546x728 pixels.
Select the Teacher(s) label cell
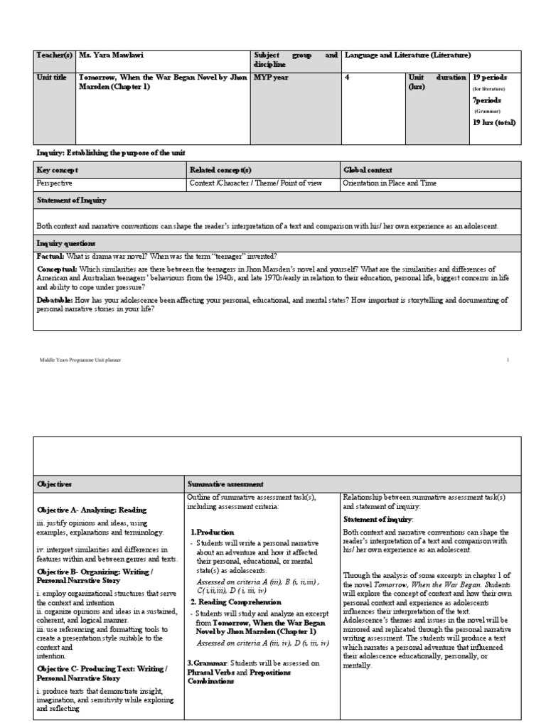tap(54, 55)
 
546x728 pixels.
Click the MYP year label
tap(272, 77)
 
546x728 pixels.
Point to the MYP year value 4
tap(347, 77)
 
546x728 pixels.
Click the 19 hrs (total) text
tap(495, 122)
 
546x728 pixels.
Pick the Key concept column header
tap(58, 170)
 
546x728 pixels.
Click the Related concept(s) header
tap(221, 170)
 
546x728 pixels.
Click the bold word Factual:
tap(50, 255)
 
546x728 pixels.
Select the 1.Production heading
tap(210, 532)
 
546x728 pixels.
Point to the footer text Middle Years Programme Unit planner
tap(80, 360)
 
